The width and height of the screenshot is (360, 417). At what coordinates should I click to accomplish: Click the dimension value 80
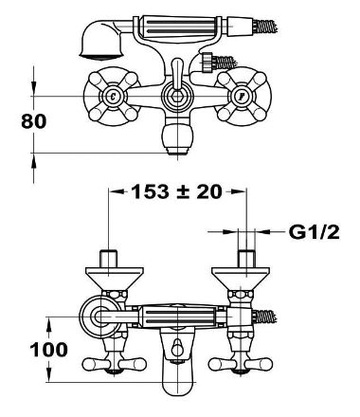click(33, 121)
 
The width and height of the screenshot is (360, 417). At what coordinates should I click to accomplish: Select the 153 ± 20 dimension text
click(176, 191)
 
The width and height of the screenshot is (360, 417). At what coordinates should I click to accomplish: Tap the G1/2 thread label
click(314, 232)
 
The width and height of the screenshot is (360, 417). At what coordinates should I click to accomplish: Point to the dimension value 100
click(48, 350)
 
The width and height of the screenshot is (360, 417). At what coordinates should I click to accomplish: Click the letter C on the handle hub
click(113, 96)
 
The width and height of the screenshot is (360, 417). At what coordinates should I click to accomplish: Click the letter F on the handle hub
click(242, 97)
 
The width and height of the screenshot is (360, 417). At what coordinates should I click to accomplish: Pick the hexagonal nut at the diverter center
click(176, 97)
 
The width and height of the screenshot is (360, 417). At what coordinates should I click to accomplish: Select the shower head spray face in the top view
click(100, 56)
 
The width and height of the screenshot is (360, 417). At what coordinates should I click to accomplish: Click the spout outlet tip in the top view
click(177, 151)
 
